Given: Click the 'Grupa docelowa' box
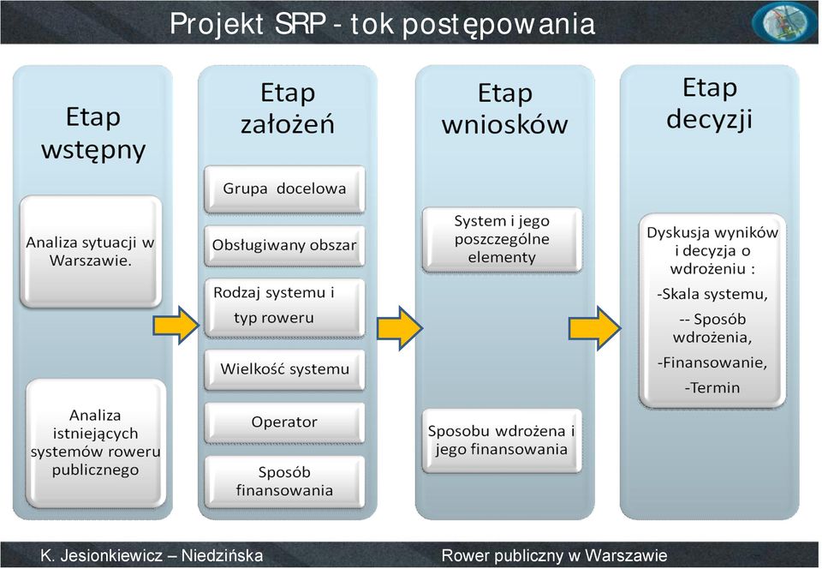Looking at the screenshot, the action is (x=284, y=189).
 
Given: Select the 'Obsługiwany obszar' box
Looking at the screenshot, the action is (x=284, y=245).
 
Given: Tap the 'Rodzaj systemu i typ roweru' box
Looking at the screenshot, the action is (x=284, y=308).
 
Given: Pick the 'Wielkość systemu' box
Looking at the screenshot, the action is (x=284, y=369).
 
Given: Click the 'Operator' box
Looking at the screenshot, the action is (x=284, y=422).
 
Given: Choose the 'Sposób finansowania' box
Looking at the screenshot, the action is (x=284, y=482).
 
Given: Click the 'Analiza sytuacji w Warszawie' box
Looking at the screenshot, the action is (x=91, y=252).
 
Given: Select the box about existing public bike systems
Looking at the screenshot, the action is (x=96, y=444).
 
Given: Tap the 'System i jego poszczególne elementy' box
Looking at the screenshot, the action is (x=503, y=240).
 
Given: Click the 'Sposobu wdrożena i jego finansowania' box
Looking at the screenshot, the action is (x=503, y=440).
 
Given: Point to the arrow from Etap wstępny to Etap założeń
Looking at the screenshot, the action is (x=176, y=326).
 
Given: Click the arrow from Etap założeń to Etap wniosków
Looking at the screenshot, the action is (x=400, y=328).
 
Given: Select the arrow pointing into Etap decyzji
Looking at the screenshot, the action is (x=595, y=328).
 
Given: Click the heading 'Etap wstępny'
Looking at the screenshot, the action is (x=93, y=133).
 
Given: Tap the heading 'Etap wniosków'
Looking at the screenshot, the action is (x=505, y=109).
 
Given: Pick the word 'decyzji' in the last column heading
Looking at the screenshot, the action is (x=709, y=118).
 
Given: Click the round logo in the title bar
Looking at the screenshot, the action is (x=783, y=22).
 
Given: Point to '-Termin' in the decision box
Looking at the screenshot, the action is (x=712, y=388).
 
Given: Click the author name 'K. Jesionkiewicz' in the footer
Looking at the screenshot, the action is (x=102, y=555).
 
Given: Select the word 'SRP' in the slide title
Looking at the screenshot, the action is (x=301, y=24).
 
